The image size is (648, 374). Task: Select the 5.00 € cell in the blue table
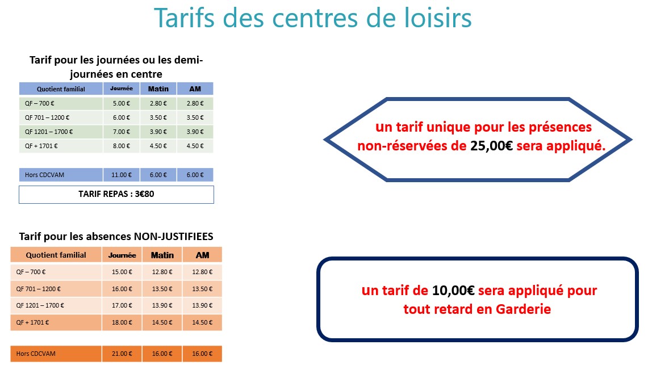pyautogui.click(x=122, y=104)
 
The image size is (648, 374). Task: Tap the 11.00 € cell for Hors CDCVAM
pyautogui.click(x=122, y=175)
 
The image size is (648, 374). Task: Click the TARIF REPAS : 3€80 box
pyautogui.click(x=116, y=195)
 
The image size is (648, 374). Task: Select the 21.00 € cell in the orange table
pyautogui.click(x=122, y=354)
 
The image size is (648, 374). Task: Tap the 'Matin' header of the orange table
pyautogui.click(x=162, y=255)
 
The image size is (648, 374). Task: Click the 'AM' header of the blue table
pyautogui.click(x=195, y=89)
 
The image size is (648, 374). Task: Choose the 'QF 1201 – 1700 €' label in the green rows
pyautogui.click(x=49, y=132)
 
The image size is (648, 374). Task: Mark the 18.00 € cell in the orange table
pyautogui.click(x=122, y=322)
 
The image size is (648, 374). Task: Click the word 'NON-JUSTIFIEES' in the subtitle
pyautogui.click(x=174, y=237)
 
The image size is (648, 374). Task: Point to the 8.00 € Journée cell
pyautogui.click(x=122, y=146)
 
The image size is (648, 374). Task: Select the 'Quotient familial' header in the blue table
pyautogui.click(x=61, y=89)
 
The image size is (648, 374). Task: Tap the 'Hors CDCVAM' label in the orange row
pyautogui.click(x=36, y=354)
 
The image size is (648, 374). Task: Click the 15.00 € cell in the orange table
pyautogui.click(x=122, y=272)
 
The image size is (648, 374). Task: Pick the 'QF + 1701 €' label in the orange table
pyautogui.click(x=32, y=322)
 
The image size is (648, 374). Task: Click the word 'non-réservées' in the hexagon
pyautogui.click(x=412, y=146)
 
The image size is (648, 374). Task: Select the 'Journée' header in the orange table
pyautogui.click(x=122, y=255)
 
